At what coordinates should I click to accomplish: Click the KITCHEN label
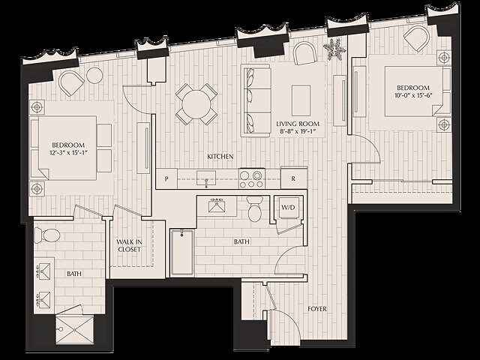coord(220,156)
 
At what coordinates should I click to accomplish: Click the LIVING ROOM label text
coord(298,124)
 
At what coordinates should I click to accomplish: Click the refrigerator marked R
coord(293,179)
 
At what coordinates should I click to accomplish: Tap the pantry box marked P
coord(166,179)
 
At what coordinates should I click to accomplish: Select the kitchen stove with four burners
coord(250,178)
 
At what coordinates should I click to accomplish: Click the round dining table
coord(196,103)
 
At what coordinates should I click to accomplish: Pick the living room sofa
coord(254,100)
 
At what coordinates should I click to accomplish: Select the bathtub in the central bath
coord(182,253)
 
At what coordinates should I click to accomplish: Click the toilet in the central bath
coord(254,211)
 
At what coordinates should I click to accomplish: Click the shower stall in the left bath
coord(75,328)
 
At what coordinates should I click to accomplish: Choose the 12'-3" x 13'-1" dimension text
coord(67,154)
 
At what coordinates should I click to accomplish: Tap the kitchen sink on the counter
coord(206,178)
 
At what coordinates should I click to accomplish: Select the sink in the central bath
coord(219,207)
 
